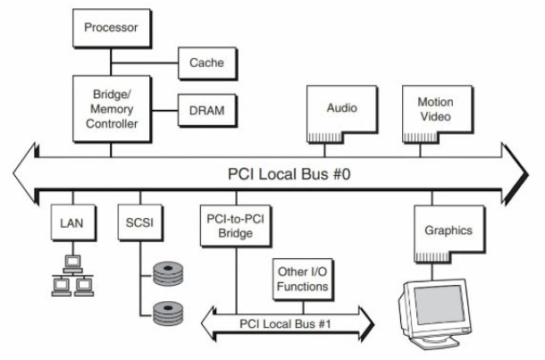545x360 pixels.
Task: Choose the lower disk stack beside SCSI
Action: (x=170, y=313)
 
